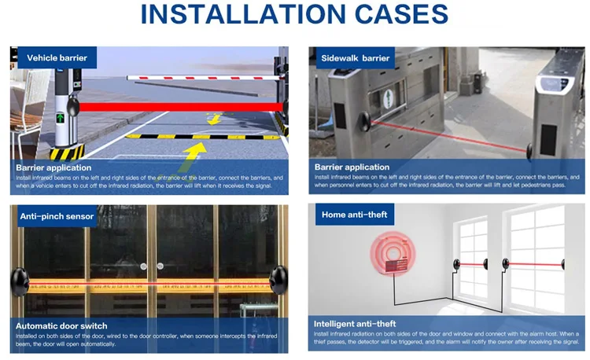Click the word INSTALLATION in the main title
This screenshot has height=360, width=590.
point(243,14)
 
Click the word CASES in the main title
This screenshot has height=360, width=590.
point(401,14)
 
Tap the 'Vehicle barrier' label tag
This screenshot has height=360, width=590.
point(57,57)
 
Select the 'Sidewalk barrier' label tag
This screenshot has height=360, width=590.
point(356,58)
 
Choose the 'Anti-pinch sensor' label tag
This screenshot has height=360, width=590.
point(57,216)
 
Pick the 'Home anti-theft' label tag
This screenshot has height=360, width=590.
point(355,215)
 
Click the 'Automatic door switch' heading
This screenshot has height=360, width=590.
point(61,325)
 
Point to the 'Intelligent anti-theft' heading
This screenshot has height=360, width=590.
point(355,324)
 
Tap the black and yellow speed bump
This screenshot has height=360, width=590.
point(203,137)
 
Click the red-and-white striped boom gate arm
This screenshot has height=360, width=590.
point(205,78)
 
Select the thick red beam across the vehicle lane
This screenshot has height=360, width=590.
point(181,107)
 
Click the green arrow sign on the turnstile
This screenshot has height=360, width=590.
point(388,98)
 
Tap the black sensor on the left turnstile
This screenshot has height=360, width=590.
point(364,121)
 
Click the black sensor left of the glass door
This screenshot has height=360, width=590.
point(20,282)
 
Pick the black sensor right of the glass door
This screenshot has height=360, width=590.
point(278,280)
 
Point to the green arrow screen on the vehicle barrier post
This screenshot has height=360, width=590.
point(61,118)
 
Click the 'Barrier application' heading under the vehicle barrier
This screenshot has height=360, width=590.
point(53,167)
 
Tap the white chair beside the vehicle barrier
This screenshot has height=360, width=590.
point(28,109)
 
